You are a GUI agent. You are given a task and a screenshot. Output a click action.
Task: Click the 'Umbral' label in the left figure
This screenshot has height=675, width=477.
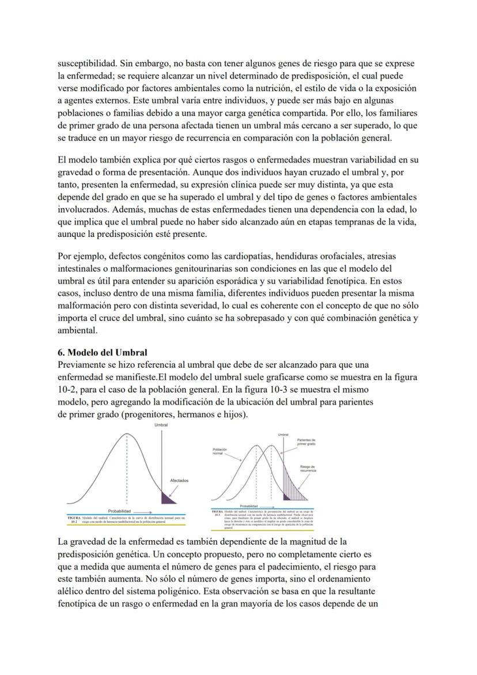162,425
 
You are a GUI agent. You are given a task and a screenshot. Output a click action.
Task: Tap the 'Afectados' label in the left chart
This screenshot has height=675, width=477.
179,480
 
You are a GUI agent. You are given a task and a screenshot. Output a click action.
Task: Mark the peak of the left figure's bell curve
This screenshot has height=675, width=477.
127,433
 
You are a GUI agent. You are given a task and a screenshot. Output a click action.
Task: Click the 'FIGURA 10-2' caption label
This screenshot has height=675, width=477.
73,521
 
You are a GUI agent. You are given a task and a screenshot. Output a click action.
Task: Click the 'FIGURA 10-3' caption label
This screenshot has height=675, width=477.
217,514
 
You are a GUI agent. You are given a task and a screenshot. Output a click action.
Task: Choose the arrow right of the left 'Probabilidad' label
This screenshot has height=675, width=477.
145,511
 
